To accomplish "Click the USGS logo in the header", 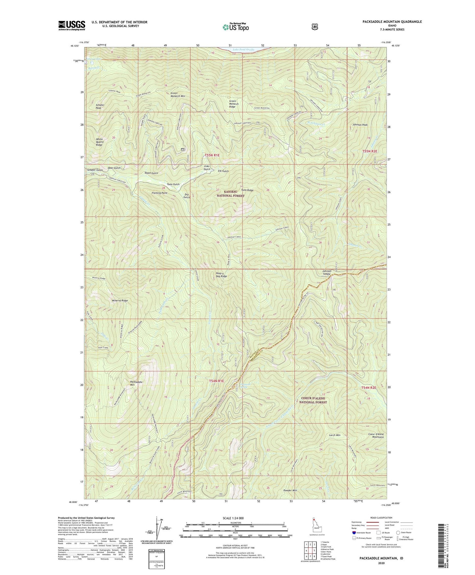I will click(x=72, y=25).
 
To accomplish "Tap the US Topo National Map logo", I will click(x=235, y=27).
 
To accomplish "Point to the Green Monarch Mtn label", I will click(x=178, y=95).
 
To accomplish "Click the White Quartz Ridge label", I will click(x=99, y=142).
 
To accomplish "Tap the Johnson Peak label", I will click(x=360, y=125).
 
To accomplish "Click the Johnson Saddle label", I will click(x=326, y=272).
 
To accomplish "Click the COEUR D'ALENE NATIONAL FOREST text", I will click(x=314, y=400).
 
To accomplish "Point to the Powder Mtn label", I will click(x=290, y=490).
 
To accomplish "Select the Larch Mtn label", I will click(x=334, y=435).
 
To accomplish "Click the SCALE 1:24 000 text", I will click(x=233, y=518).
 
